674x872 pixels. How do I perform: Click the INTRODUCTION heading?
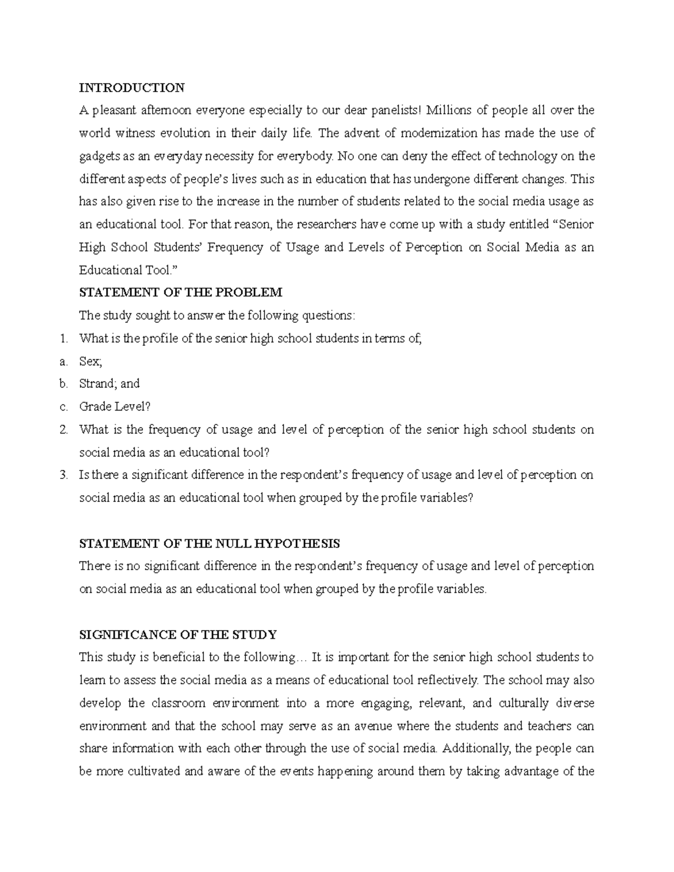pos(131,88)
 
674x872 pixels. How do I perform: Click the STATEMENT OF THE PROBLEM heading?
pos(180,293)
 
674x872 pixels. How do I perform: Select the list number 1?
pos(63,339)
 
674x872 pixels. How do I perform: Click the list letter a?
pos(63,362)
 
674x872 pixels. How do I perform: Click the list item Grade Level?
pos(115,407)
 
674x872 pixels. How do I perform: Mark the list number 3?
pos(63,475)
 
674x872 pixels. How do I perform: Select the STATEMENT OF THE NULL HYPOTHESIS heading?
pos(210,544)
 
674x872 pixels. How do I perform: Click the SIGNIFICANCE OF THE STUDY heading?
pos(178,635)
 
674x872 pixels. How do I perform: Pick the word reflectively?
pos(448,681)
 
